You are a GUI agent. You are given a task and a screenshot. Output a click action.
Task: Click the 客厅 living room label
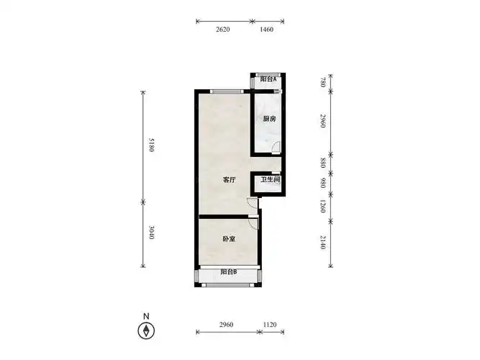230,179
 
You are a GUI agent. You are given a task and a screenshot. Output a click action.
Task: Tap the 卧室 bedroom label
229,238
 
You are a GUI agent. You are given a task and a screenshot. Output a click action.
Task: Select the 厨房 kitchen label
269,119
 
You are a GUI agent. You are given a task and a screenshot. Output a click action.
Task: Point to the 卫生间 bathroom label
271,179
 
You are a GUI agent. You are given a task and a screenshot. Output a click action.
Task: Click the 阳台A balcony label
268,79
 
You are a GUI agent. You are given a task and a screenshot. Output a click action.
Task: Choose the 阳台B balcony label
229,271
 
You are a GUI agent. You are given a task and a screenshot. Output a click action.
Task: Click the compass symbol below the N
146,331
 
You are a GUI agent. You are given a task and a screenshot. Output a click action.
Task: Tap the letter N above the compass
146,316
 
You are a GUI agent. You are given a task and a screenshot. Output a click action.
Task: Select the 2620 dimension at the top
223,30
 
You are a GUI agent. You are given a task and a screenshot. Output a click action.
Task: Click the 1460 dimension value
266,30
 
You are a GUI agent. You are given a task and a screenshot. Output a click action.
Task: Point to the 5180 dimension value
152,145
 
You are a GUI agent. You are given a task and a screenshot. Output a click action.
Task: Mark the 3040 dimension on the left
152,233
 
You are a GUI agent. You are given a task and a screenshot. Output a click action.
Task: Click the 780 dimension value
322,82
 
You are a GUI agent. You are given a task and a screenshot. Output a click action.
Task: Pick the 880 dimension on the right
322,163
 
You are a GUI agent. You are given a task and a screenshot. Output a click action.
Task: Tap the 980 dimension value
322,183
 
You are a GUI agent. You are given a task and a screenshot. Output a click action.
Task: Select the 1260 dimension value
322,206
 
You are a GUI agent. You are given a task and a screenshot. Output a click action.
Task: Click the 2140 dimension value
322,243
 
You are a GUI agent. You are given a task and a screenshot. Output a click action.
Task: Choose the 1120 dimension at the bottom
270,325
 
